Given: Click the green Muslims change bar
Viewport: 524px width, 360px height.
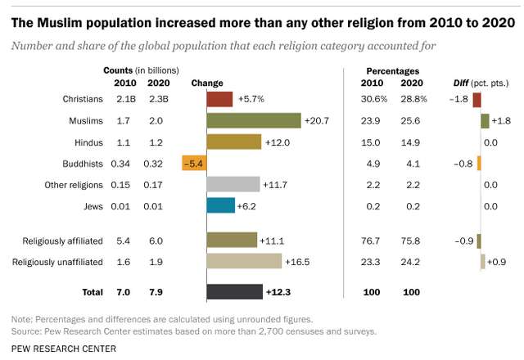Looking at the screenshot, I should (x=254, y=120).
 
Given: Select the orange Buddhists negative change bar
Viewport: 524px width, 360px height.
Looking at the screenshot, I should (x=194, y=163).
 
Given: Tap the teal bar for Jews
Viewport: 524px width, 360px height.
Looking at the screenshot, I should (x=220, y=206).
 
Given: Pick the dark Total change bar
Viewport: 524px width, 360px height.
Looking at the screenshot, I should (x=234, y=291).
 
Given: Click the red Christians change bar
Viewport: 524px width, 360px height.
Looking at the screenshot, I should (x=220, y=99).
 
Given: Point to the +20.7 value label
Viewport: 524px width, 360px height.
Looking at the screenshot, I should (x=316, y=121).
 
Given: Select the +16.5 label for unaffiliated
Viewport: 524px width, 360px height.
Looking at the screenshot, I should (x=297, y=262).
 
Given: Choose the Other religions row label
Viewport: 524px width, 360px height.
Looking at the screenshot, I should (x=74, y=185).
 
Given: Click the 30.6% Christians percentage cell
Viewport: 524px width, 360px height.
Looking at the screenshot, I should (x=373, y=99).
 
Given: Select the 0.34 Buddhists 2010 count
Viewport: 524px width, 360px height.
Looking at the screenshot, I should (x=120, y=164).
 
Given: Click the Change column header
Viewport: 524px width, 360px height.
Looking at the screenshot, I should (x=206, y=83).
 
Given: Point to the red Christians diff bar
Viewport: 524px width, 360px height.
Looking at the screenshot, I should (x=477, y=99).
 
